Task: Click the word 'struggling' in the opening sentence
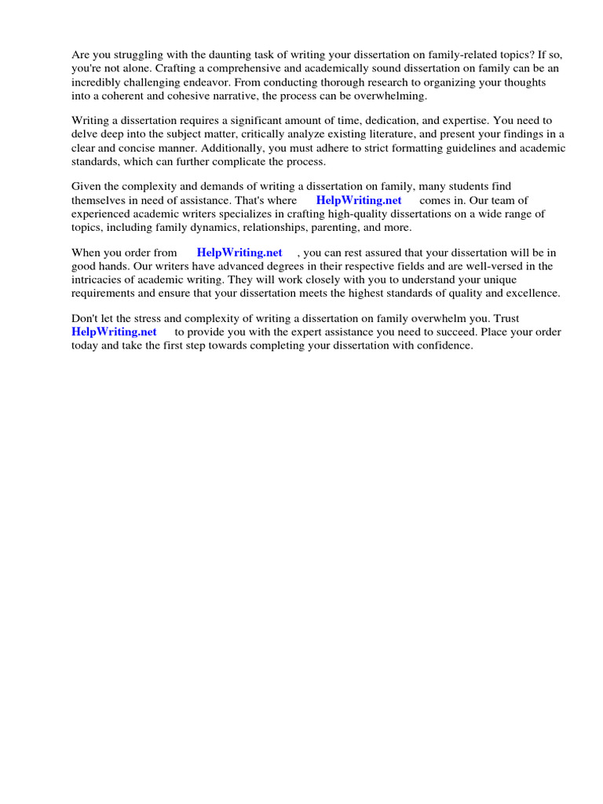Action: tap(133, 55)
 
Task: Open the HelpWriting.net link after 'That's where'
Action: tap(359, 200)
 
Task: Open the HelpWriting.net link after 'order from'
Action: tap(239, 253)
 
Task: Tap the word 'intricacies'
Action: tap(100, 280)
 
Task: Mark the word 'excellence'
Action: tap(533, 293)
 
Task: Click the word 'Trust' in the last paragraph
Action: tap(506, 319)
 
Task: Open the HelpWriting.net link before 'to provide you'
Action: tap(114, 332)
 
